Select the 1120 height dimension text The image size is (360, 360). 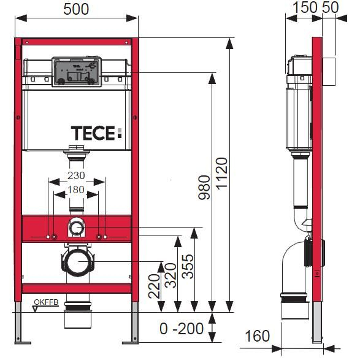tap(221, 175)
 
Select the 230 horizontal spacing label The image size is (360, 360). tap(77, 176)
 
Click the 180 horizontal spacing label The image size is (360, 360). tap(77, 190)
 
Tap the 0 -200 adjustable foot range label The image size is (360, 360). tap(182, 329)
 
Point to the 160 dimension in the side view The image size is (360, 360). tap(257, 335)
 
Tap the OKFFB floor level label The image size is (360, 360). tap(47, 302)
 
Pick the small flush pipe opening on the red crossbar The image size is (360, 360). tap(77, 228)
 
